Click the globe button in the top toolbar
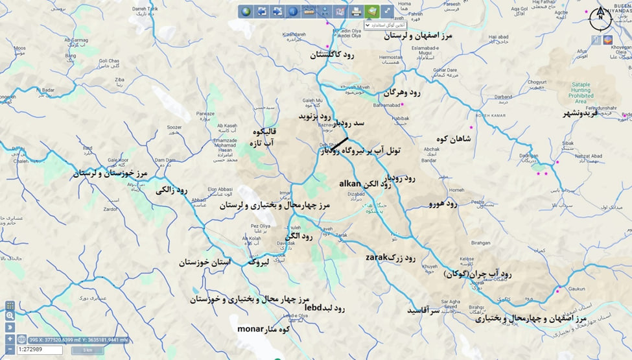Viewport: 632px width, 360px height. [x=246, y=11]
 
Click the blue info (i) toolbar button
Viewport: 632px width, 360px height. [x=292, y=11]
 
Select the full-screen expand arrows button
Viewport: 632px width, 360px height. [x=387, y=11]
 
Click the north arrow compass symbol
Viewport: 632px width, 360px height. [x=600, y=15]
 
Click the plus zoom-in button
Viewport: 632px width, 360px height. [x=10, y=339]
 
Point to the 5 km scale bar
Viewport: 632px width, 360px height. [x=86, y=350]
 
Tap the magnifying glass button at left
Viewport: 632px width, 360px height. [x=10, y=315]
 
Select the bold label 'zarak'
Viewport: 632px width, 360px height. [x=377, y=257]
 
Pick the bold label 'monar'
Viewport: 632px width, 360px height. [x=250, y=328]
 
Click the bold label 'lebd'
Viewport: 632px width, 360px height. [x=313, y=307]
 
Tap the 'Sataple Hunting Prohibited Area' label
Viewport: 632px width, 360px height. [x=589, y=93]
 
